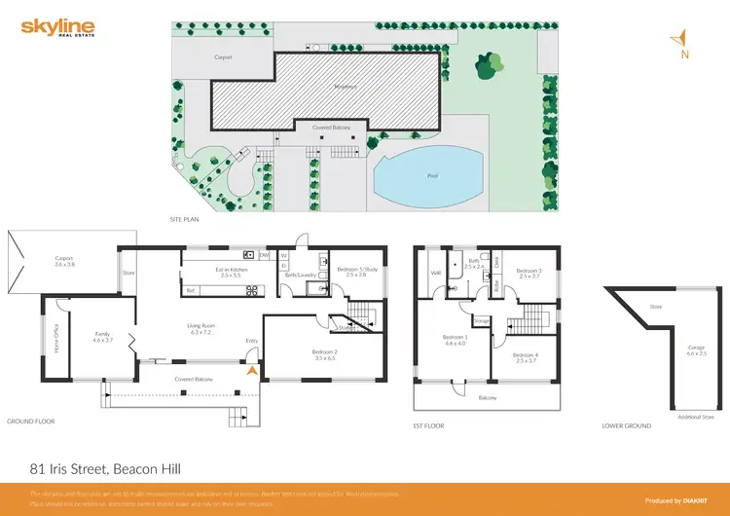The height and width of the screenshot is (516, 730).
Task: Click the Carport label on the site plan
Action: [224, 57]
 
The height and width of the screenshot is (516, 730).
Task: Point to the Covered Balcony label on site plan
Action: [332, 128]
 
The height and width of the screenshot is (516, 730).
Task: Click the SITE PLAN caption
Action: [184, 220]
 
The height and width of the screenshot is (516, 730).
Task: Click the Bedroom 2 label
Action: [325, 353]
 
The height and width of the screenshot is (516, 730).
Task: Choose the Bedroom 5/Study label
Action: [356, 272]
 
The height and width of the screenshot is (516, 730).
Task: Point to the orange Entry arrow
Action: [253, 370]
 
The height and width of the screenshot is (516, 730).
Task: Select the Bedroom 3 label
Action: [529, 273]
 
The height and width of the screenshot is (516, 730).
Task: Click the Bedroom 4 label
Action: [526, 357]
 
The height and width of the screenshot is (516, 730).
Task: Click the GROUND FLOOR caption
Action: [31, 422]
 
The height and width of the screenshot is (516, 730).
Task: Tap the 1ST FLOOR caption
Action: [429, 425]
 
